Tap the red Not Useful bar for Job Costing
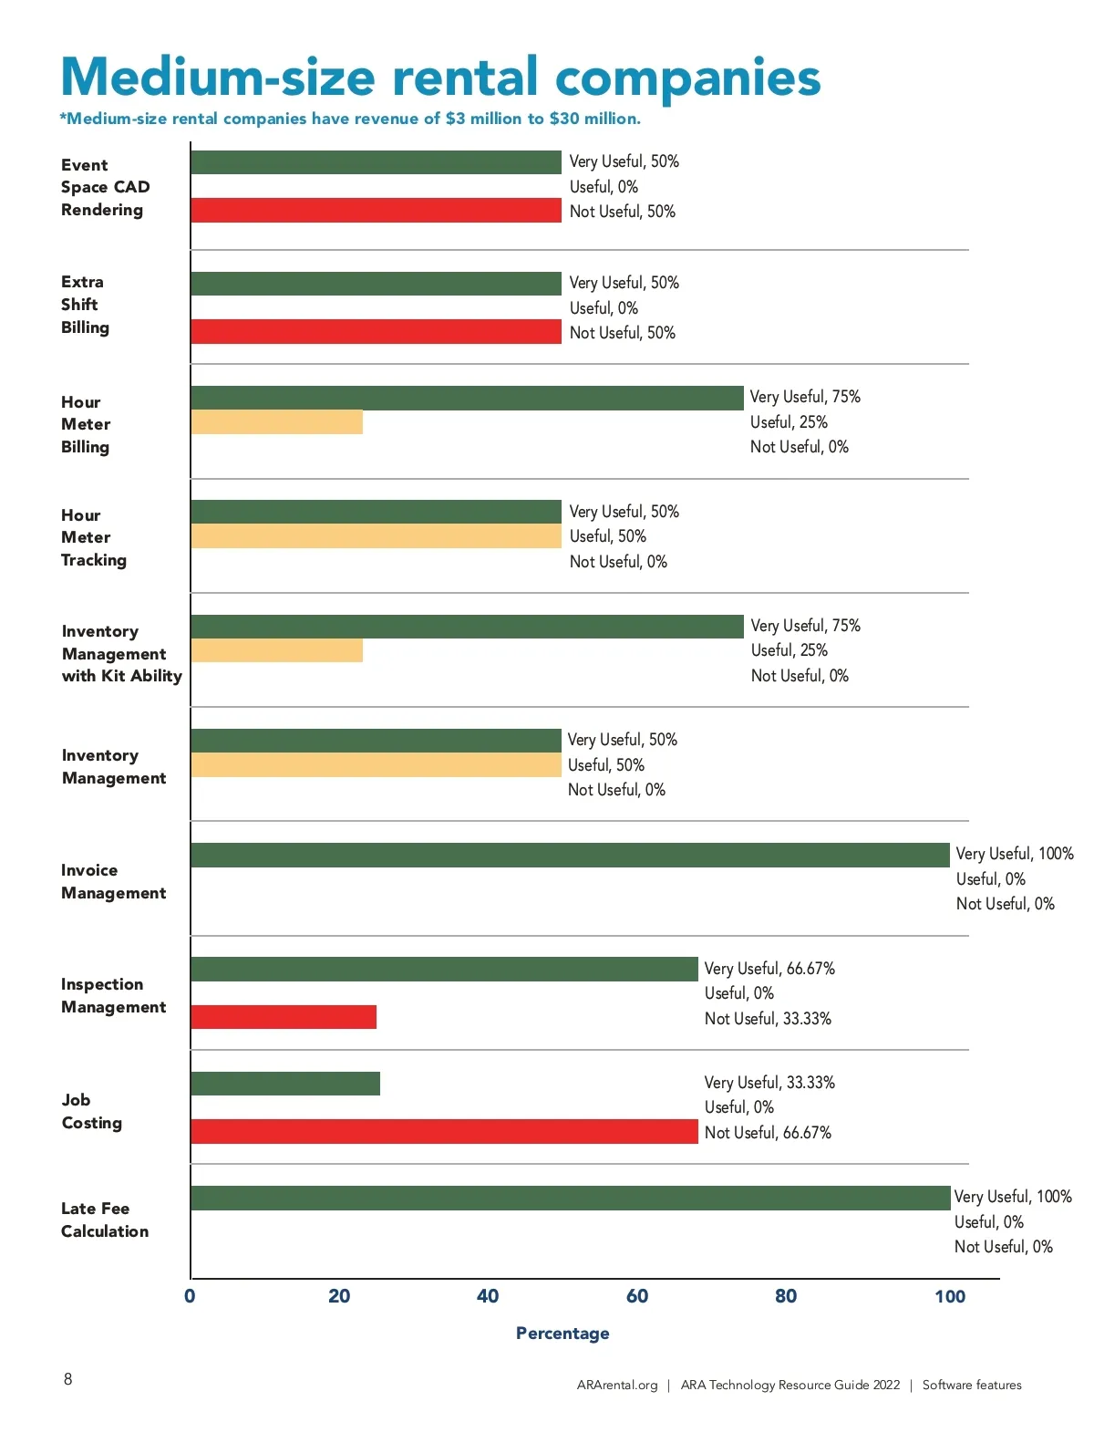point(444,1131)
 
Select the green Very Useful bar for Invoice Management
point(570,855)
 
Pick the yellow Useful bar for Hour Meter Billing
point(276,422)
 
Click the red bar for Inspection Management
point(284,1017)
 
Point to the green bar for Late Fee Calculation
point(570,1198)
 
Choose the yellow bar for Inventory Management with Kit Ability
point(276,650)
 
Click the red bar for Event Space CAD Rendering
point(376,211)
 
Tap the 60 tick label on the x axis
point(636,1296)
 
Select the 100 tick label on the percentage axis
point(949,1296)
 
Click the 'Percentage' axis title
point(562,1334)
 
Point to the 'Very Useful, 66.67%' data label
point(769,969)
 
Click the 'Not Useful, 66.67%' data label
point(768,1133)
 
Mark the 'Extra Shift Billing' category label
point(85,305)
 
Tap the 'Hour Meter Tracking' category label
point(93,538)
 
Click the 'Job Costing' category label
point(91,1112)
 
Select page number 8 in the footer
point(68,1379)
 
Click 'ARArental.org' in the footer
point(617,1385)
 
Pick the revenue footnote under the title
point(350,119)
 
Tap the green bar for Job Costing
point(285,1084)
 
